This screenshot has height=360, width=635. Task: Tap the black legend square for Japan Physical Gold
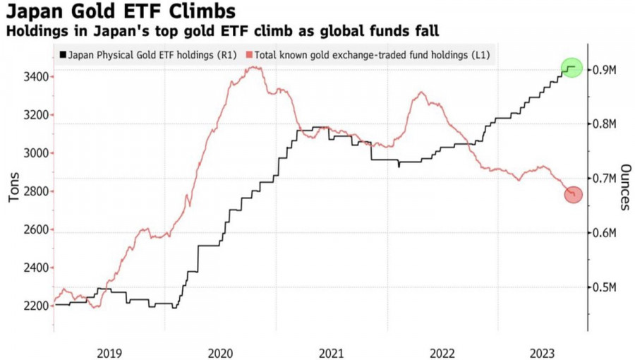[64, 54]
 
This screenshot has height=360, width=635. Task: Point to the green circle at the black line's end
[572, 68]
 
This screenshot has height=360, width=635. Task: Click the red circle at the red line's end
[574, 194]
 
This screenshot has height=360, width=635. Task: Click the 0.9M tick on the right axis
[605, 70]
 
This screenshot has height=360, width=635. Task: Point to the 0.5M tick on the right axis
[605, 287]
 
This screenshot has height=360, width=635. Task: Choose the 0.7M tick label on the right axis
[605, 179]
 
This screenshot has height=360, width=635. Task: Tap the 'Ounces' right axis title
[624, 187]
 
